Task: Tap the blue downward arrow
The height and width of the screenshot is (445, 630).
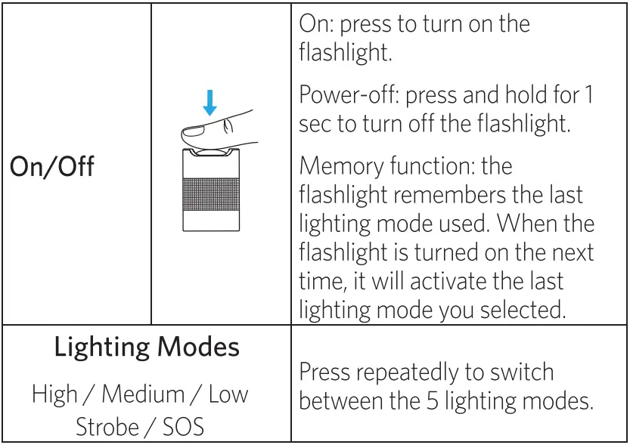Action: [209, 101]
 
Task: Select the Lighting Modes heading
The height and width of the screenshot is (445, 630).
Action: [147, 348]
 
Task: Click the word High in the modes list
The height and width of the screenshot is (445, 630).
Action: [54, 394]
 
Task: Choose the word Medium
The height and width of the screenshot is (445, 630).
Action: [143, 394]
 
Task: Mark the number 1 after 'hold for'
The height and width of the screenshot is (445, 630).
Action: [588, 96]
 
